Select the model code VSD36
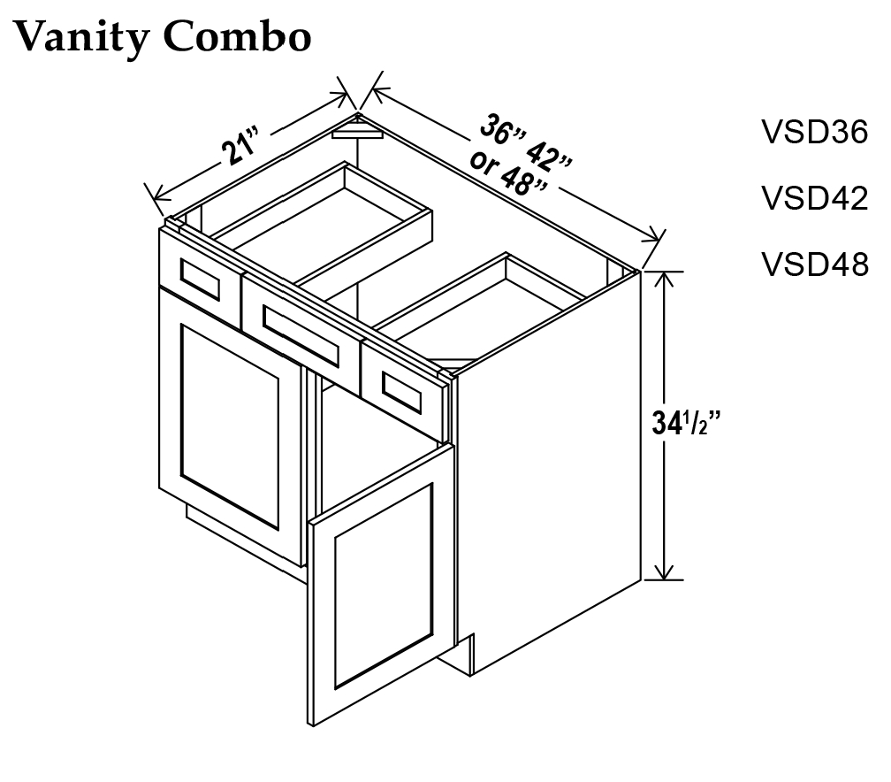pyautogui.click(x=815, y=132)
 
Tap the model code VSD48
pyautogui.click(x=815, y=264)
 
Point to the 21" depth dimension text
pyautogui.click(x=240, y=146)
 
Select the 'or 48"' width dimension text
pyautogui.click(x=510, y=174)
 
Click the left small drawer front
pyautogui.click(x=199, y=279)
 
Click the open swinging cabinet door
pyautogui.click(x=380, y=584)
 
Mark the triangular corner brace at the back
pyautogui.click(x=356, y=131)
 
